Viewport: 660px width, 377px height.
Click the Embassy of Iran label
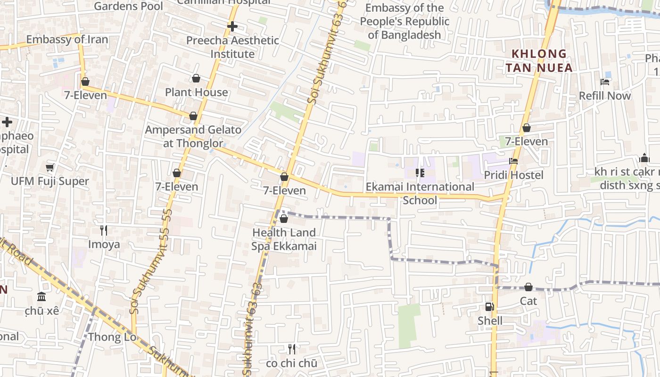click(x=67, y=40)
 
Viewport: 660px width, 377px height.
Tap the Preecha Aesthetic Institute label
click(x=232, y=47)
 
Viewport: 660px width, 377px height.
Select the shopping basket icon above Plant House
click(x=196, y=78)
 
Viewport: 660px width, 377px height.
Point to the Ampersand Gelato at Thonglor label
click(x=193, y=136)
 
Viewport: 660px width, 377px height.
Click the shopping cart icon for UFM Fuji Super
click(x=50, y=168)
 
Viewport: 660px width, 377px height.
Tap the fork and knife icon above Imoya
click(x=104, y=230)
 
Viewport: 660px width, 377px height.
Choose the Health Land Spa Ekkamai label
click(x=284, y=239)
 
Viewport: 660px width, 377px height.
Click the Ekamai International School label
click(x=420, y=193)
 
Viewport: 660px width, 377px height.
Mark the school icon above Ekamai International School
click(x=420, y=173)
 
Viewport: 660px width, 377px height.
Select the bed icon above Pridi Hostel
click(x=513, y=161)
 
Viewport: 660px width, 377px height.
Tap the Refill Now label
click(x=605, y=96)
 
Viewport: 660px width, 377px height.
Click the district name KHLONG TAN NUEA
click(x=539, y=61)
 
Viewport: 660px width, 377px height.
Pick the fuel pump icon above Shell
click(x=490, y=307)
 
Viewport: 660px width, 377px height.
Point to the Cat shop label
click(x=528, y=301)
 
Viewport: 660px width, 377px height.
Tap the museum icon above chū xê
click(x=41, y=297)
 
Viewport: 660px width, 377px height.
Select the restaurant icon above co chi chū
click(x=292, y=349)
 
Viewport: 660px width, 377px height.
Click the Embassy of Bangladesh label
click(x=405, y=21)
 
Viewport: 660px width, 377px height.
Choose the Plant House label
click(x=197, y=92)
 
